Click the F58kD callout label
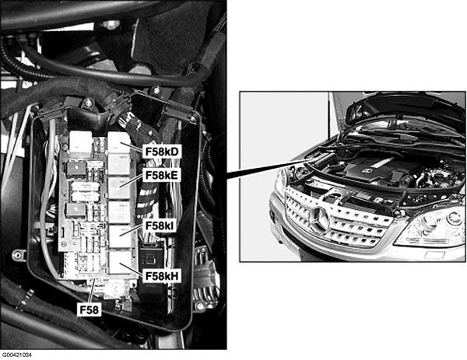pyautogui.click(x=162, y=152)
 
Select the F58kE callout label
pyautogui.click(x=162, y=175)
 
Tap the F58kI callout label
pyautogui.click(x=160, y=225)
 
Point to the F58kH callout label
pyautogui.click(x=162, y=276)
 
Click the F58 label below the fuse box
pyautogui.click(x=89, y=310)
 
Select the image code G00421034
pyautogui.click(x=16, y=355)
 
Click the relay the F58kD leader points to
pyautogui.click(x=119, y=142)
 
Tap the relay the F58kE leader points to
pyautogui.click(x=119, y=188)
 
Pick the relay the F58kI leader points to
pyautogui.click(x=119, y=236)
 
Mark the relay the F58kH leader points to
pyautogui.click(x=120, y=262)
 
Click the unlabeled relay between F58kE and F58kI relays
pyautogui.click(x=119, y=212)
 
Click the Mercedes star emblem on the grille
pyautogui.click(x=319, y=220)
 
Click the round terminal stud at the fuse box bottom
pyautogui.click(x=114, y=288)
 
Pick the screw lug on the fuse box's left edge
pyautogui.click(x=19, y=255)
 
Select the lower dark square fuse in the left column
pyautogui.click(x=76, y=210)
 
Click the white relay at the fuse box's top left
pyautogui.click(x=80, y=144)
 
